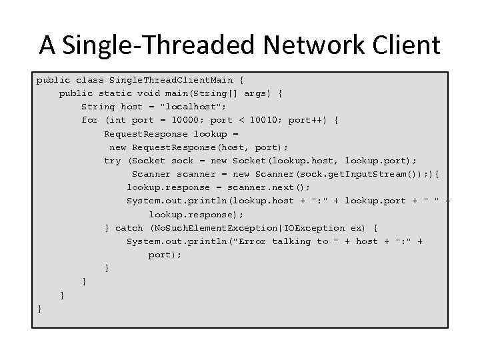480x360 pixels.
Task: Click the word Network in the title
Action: click(x=313, y=45)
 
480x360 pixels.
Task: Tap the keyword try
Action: click(x=112, y=161)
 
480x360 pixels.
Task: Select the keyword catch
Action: click(x=129, y=228)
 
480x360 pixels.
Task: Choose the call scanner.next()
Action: click(x=269, y=187)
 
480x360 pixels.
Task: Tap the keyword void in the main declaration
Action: click(x=148, y=93)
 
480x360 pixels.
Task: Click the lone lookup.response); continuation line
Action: click(x=196, y=215)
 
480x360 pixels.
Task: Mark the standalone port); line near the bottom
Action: click(x=165, y=255)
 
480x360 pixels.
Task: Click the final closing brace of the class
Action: click(x=40, y=309)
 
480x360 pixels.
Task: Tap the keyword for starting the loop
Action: click(x=89, y=120)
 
